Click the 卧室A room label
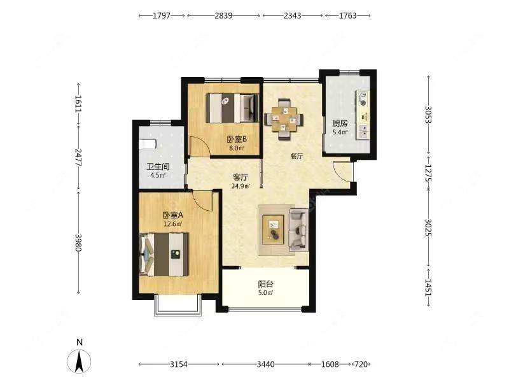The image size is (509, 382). [x=173, y=215]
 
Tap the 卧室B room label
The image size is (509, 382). [x=237, y=139]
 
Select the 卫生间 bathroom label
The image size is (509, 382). [x=158, y=167]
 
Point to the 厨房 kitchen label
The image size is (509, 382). [x=340, y=124]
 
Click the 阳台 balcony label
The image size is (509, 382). [x=265, y=284]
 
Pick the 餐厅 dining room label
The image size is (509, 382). [x=296, y=156]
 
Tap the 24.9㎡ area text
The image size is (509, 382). [x=241, y=186]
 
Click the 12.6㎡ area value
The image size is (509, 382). [x=172, y=224]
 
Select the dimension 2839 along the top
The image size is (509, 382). [x=223, y=15]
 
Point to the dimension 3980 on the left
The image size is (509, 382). [x=78, y=243]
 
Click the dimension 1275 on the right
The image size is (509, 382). [x=428, y=173]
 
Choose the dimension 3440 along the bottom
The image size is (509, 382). [x=265, y=364]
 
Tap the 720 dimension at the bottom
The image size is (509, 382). [x=361, y=364]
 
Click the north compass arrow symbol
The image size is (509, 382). [x=79, y=361]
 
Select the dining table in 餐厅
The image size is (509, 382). [x=284, y=119]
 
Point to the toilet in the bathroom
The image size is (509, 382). [x=148, y=144]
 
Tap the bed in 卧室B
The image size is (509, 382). [x=232, y=108]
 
